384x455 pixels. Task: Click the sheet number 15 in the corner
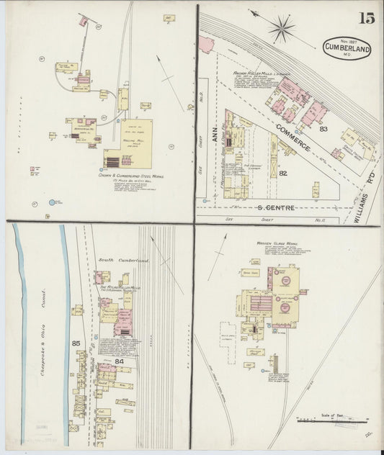pyautogui.click(x=367, y=19)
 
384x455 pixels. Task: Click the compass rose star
pyautogui.click(x=281, y=29)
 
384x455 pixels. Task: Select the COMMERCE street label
pyautogui.click(x=295, y=138)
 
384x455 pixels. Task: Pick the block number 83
pyautogui.click(x=323, y=130)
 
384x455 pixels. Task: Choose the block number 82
pyautogui.click(x=283, y=174)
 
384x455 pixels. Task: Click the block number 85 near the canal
pyautogui.click(x=76, y=343)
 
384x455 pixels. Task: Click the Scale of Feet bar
pyautogui.click(x=331, y=419)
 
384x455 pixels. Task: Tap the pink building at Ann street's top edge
pyautogui.click(x=206, y=46)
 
